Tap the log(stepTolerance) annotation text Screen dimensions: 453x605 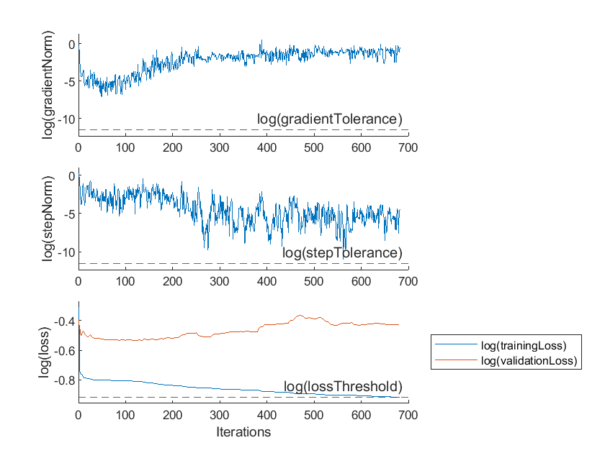point(341,253)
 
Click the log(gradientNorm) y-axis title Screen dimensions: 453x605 point(48,84)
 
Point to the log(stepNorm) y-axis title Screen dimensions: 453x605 point(48,218)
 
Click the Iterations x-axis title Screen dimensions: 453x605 point(243,432)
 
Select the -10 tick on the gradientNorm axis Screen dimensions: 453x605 point(66,119)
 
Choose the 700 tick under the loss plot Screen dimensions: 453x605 point(408,416)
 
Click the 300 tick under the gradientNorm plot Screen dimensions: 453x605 point(220,147)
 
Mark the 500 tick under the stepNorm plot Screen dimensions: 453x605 point(313,282)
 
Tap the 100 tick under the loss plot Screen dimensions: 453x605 point(125,416)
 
